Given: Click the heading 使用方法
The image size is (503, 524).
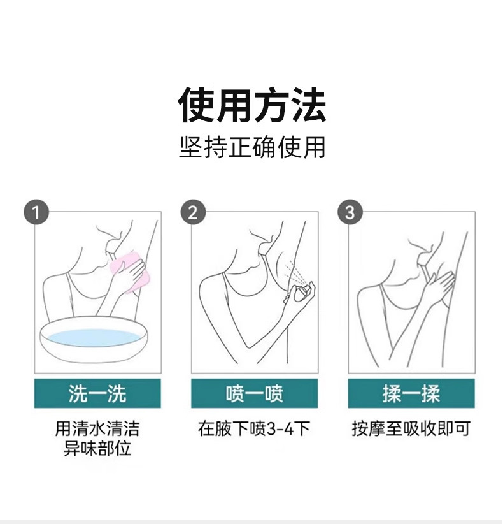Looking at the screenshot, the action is click(x=252, y=105).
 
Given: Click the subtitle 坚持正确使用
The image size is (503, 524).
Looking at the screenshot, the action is click(x=252, y=147).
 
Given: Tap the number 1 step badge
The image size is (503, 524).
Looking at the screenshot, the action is click(x=36, y=212).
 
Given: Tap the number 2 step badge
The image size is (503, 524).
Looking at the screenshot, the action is click(x=193, y=212).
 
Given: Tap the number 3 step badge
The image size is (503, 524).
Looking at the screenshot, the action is click(x=350, y=212).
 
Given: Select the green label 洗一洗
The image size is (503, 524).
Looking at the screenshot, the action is click(x=97, y=393).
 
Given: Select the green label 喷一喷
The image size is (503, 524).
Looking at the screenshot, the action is click(x=254, y=393).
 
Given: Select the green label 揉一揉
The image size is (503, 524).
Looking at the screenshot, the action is click(x=411, y=393).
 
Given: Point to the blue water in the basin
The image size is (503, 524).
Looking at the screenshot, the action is click(x=94, y=338).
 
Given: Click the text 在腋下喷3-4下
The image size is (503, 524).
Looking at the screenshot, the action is click(x=254, y=428).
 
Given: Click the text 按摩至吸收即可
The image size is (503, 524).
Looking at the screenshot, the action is click(x=411, y=428).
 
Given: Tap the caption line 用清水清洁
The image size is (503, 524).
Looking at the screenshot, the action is click(x=97, y=428).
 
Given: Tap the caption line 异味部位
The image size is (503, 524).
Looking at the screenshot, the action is click(x=97, y=449).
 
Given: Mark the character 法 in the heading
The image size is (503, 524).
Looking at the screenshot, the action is click(x=309, y=105).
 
